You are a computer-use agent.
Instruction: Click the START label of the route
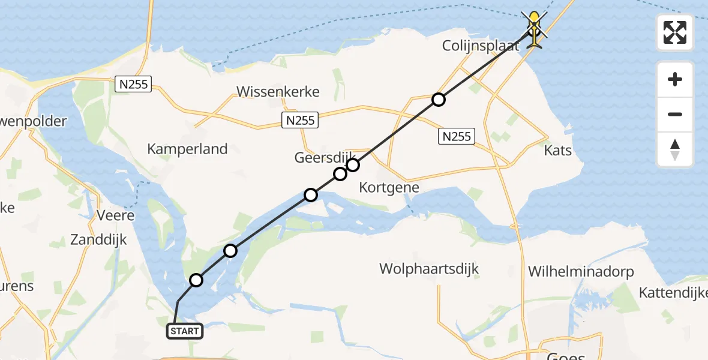[184, 331]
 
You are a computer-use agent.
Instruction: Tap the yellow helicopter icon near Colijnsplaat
[533, 29]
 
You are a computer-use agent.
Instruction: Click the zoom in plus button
[675, 79]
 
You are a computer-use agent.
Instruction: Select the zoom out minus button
[675, 114]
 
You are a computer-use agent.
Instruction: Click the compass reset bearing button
[675, 149]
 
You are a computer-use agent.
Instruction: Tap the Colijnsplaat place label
[480, 46]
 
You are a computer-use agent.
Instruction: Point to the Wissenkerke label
[278, 92]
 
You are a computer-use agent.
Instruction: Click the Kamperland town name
[187, 149]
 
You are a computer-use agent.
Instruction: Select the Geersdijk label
[320, 157]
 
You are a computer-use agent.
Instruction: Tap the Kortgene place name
[389, 187]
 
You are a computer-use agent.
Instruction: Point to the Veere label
[116, 215]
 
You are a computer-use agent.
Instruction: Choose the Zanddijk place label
[98, 240]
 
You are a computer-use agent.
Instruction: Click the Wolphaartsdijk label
[429, 268]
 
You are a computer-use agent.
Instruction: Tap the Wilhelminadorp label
[581, 271]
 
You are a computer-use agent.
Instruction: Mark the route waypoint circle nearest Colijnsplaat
[439, 100]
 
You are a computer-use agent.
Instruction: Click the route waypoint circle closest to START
[196, 280]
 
